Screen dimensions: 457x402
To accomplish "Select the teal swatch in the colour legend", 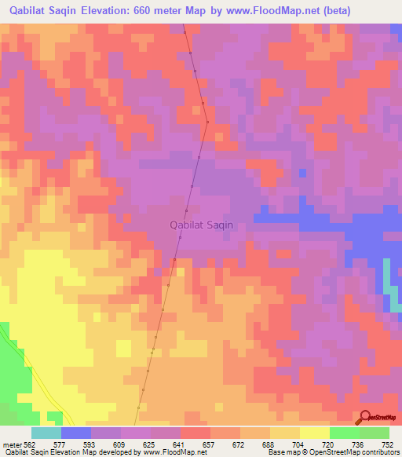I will click(46, 433).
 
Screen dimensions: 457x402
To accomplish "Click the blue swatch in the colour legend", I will click(75, 433).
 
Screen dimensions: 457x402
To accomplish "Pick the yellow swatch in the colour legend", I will click(314, 433).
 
